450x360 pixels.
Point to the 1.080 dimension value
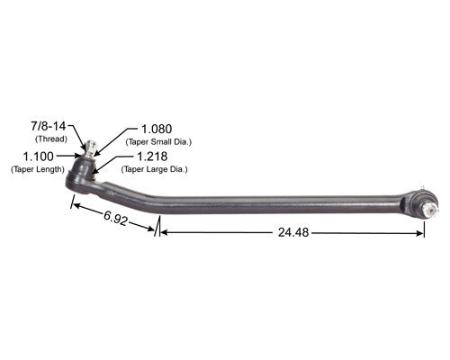[x=157, y=130]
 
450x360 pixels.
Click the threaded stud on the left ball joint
[x=90, y=148]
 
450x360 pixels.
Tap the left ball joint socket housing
[x=79, y=179]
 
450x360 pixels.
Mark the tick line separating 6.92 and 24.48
[x=158, y=227]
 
